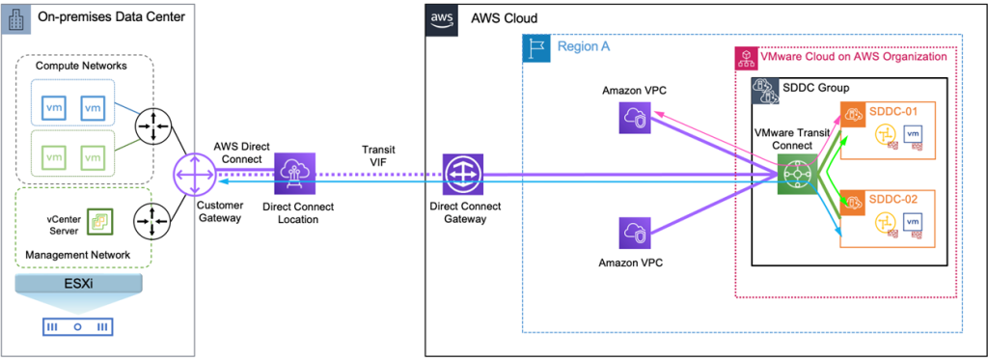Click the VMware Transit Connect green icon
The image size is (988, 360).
(797, 176)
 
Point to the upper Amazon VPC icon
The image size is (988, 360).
(638, 119)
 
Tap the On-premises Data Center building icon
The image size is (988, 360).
(17, 18)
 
